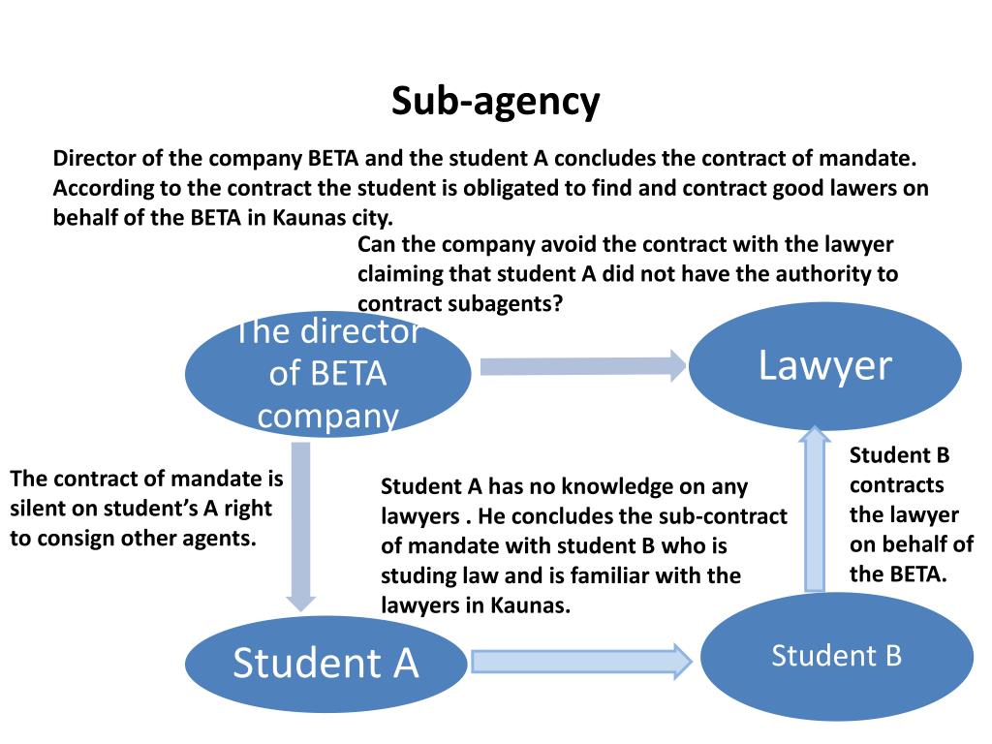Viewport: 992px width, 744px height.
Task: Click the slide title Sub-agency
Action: [x=495, y=102]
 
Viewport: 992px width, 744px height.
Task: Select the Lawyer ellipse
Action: [x=825, y=365]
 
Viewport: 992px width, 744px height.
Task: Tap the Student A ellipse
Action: [x=325, y=664]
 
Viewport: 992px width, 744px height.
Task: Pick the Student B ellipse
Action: [x=836, y=656]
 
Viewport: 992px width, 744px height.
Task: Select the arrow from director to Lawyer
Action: [x=582, y=365]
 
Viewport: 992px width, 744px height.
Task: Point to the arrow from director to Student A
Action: [x=301, y=526]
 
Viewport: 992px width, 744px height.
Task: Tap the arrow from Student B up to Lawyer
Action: [x=815, y=509]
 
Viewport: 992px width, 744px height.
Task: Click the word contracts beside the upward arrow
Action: [x=896, y=485]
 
